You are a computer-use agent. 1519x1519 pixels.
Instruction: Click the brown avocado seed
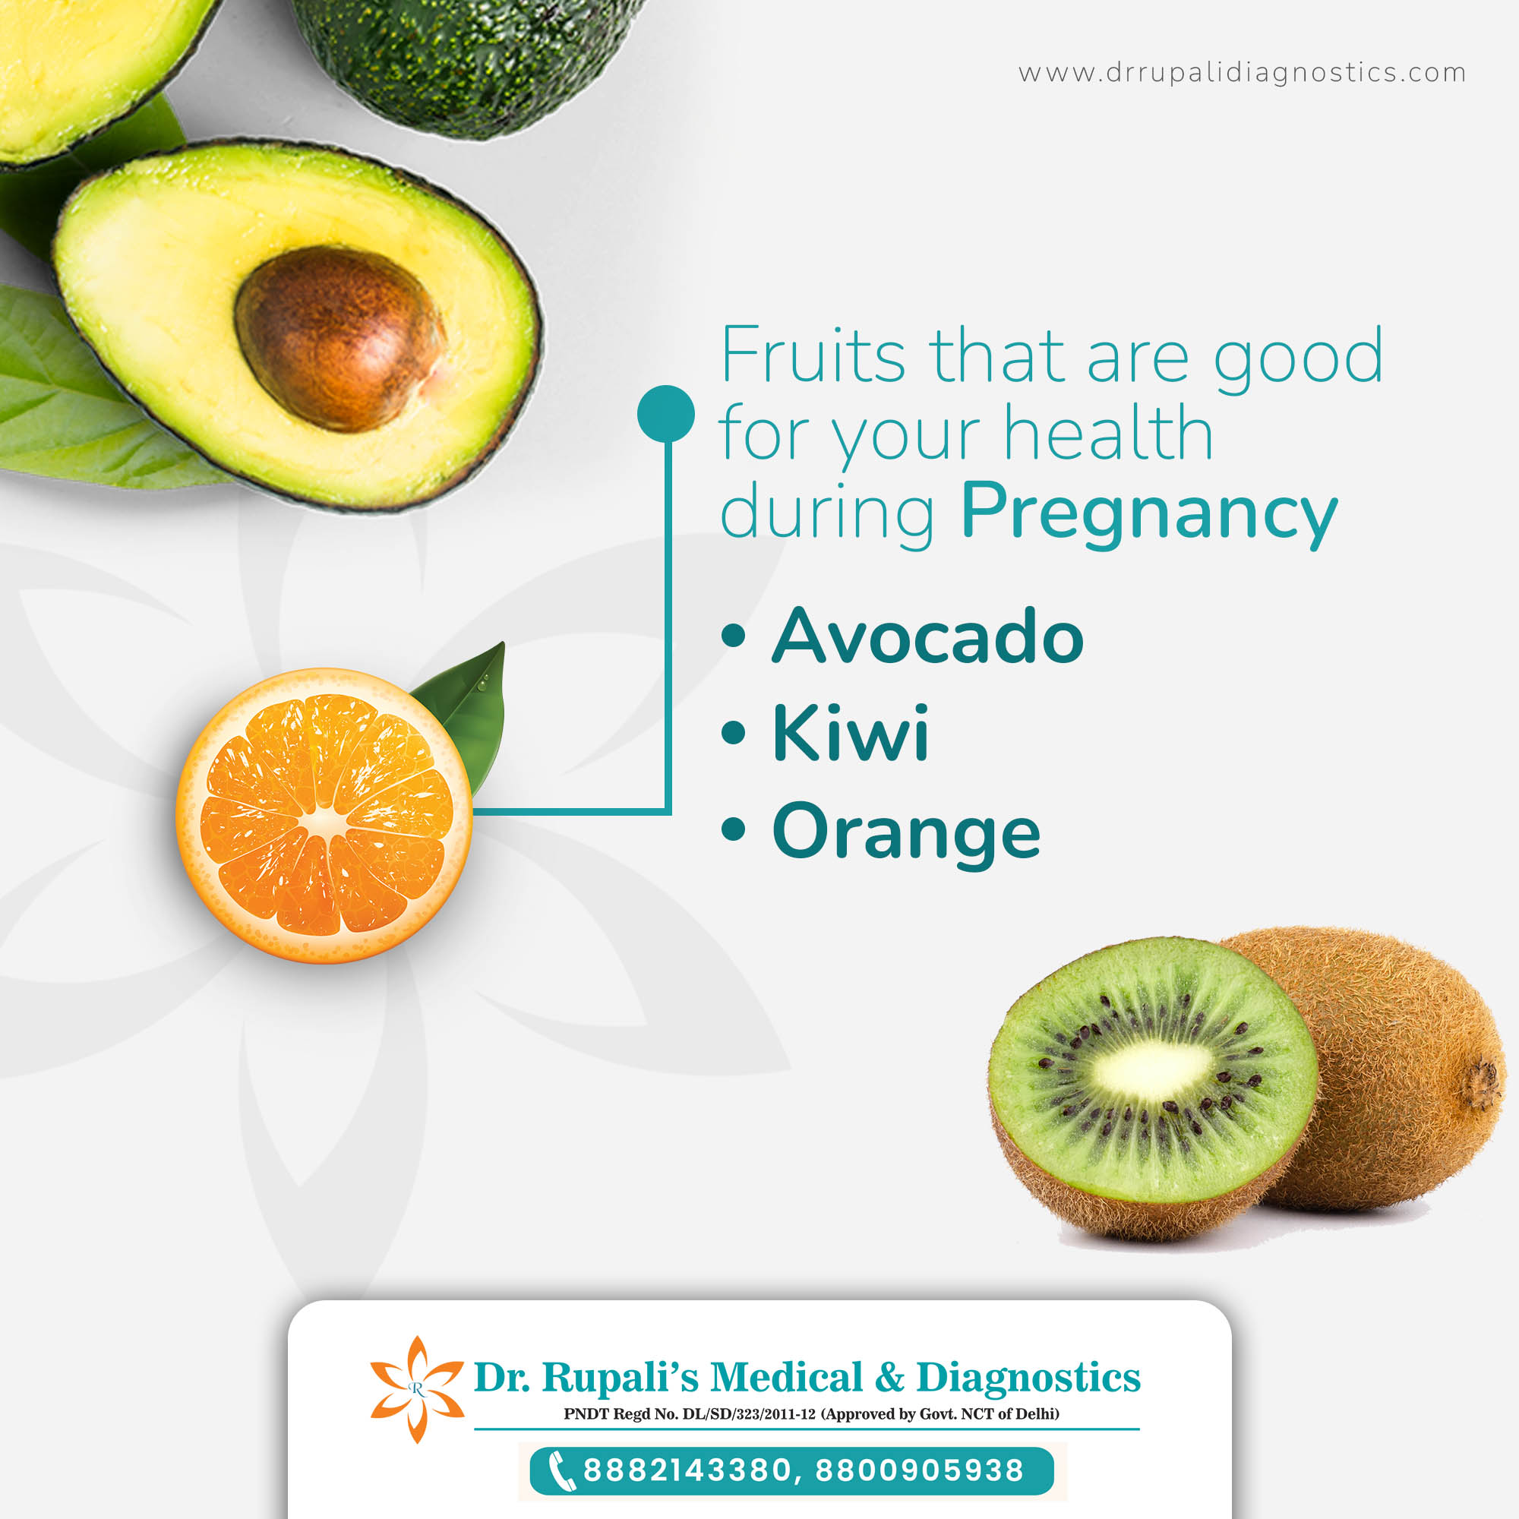339,338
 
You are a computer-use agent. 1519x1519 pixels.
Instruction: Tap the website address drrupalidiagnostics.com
1242,73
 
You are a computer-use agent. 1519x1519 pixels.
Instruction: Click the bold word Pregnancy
1148,511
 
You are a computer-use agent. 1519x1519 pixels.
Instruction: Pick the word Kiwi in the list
851,733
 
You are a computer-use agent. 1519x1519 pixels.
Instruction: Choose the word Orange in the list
907,832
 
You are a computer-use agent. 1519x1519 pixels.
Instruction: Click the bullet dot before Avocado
733,635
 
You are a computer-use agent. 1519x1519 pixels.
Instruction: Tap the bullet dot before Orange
733,829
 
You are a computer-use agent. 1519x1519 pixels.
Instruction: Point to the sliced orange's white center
324,823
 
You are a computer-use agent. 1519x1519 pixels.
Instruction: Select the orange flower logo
417,1389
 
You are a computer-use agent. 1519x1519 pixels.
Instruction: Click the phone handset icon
559,1471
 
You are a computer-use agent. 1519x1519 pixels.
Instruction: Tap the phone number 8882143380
686,1470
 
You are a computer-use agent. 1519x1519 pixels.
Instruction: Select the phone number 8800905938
920,1470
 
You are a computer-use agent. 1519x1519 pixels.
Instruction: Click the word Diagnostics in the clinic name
1028,1378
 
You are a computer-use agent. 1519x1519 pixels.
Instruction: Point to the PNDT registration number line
810,1414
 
